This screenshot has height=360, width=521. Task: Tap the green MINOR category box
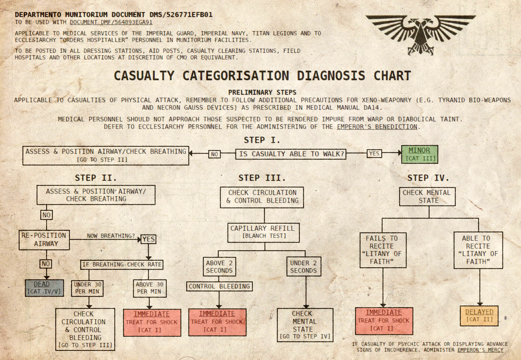click(419, 154)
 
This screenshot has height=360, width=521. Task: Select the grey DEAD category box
click(44, 288)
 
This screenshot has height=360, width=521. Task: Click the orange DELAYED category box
click(479, 316)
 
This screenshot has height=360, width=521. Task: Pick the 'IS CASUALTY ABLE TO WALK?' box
click(291, 154)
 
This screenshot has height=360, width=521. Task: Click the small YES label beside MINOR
click(374, 153)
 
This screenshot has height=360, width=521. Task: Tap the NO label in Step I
click(215, 154)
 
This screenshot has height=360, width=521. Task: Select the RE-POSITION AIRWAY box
click(44, 239)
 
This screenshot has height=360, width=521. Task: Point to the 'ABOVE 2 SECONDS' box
click(220, 267)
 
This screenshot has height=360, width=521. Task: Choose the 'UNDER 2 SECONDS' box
click(303, 267)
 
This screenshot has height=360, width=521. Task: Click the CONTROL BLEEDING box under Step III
click(219, 286)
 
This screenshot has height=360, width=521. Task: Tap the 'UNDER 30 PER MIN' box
click(88, 288)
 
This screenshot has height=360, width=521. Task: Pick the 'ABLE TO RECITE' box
click(479, 250)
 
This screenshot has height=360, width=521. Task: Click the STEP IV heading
click(428, 178)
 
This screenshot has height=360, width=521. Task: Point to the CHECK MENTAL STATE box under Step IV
click(427, 196)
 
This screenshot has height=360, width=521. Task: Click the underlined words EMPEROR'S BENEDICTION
click(378, 126)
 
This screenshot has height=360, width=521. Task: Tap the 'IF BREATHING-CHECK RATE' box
click(121, 264)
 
